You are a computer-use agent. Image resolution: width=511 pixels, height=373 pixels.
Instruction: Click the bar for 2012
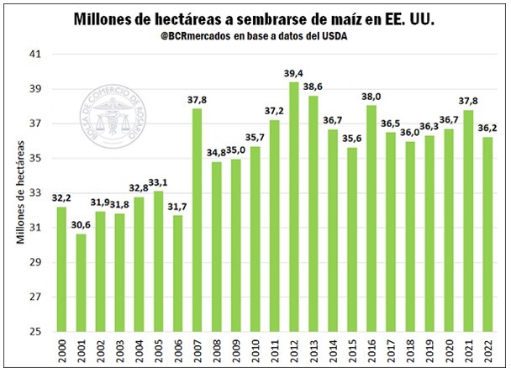coord(293,207)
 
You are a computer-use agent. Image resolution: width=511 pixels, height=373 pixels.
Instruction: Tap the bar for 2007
coord(197,220)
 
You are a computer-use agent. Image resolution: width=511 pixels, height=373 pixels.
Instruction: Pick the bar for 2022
coord(487,234)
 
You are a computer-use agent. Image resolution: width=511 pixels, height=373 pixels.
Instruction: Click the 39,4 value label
coord(293,73)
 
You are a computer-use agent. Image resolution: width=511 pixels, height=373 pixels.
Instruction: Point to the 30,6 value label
coord(81,225)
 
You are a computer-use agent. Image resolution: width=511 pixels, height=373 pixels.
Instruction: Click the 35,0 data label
coord(237,150)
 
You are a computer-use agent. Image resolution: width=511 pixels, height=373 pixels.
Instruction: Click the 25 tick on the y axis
coord(37,332)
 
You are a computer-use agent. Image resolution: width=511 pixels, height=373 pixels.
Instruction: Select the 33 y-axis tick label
coord(37,193)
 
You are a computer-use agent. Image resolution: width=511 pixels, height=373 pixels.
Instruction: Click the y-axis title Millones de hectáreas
coord(18,192)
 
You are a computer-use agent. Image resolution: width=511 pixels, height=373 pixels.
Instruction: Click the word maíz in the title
coord(366,18)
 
